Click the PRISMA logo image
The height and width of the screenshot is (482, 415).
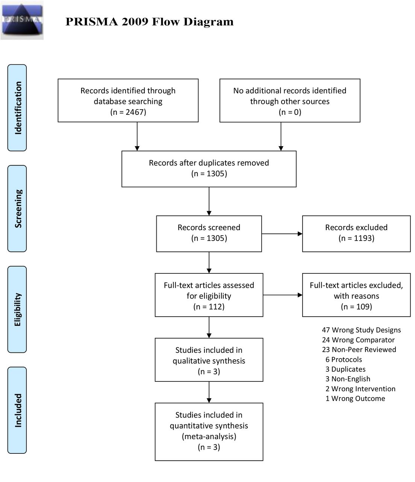tap(22, 20)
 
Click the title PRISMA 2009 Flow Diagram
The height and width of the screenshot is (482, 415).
tap(150, 22)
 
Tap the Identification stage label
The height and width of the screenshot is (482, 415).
tap(17, 108)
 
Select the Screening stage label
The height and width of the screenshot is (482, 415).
tap(17, 209)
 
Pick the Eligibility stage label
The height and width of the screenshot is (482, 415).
tap(17, 309)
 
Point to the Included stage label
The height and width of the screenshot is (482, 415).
tap(17, 410)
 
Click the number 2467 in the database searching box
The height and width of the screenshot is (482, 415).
tap(135, 112)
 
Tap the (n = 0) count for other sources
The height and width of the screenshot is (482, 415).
tap(290, 112)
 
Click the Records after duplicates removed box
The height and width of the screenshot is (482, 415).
tap(209, 169)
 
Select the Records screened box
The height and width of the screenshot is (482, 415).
tap(209, 233)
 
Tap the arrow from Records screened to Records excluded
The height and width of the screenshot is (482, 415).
tap(282, 233)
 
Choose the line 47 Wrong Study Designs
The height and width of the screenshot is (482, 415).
tap(361, 330)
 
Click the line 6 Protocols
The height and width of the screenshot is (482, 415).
tap(344, 359)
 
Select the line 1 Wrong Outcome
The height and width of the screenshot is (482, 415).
tap(355, 398)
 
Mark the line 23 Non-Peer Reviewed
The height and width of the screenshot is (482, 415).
tap(359, 349)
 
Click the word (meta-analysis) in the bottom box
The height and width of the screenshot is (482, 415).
tap(209, 436)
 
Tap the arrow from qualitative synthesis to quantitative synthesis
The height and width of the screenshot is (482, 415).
tap(209, 392)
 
